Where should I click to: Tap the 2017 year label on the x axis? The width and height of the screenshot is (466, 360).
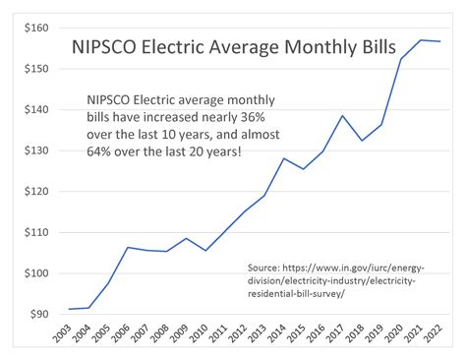tap(336, 337)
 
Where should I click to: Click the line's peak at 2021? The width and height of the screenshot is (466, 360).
tap(420, 40)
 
